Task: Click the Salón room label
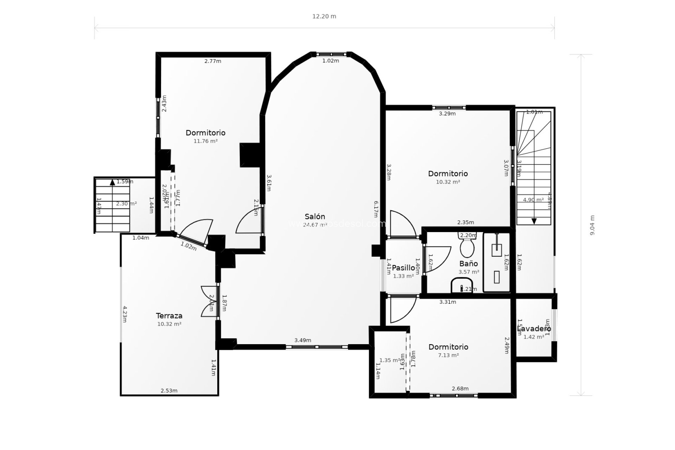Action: [x=315, y=217]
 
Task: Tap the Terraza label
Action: [x=169, y=316]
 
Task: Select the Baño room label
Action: [x=469, y=264]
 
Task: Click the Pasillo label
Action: [x=403, y=268]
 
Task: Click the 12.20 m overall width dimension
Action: [x=324, y=17]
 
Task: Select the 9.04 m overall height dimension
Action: [x=592, y=225]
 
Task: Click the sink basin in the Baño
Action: [x=462, y=285]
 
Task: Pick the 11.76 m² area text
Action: [x=205, y=141]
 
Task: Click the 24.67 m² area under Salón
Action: [x=315, y=225]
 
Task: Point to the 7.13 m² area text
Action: [x=448, y=355]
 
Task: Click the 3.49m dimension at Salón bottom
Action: [x=303, y=340]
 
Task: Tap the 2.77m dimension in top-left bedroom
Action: [x=213, y=61]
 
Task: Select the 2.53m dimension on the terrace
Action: [x=169, y=391]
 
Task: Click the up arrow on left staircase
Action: [x=112, y=182]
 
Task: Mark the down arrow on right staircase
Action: [x=534, y=221]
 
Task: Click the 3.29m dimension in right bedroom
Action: [x=447, y=114]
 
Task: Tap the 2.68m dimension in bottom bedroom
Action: [x=460, y=388]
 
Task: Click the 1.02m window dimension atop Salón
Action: [x=330, y=61]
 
